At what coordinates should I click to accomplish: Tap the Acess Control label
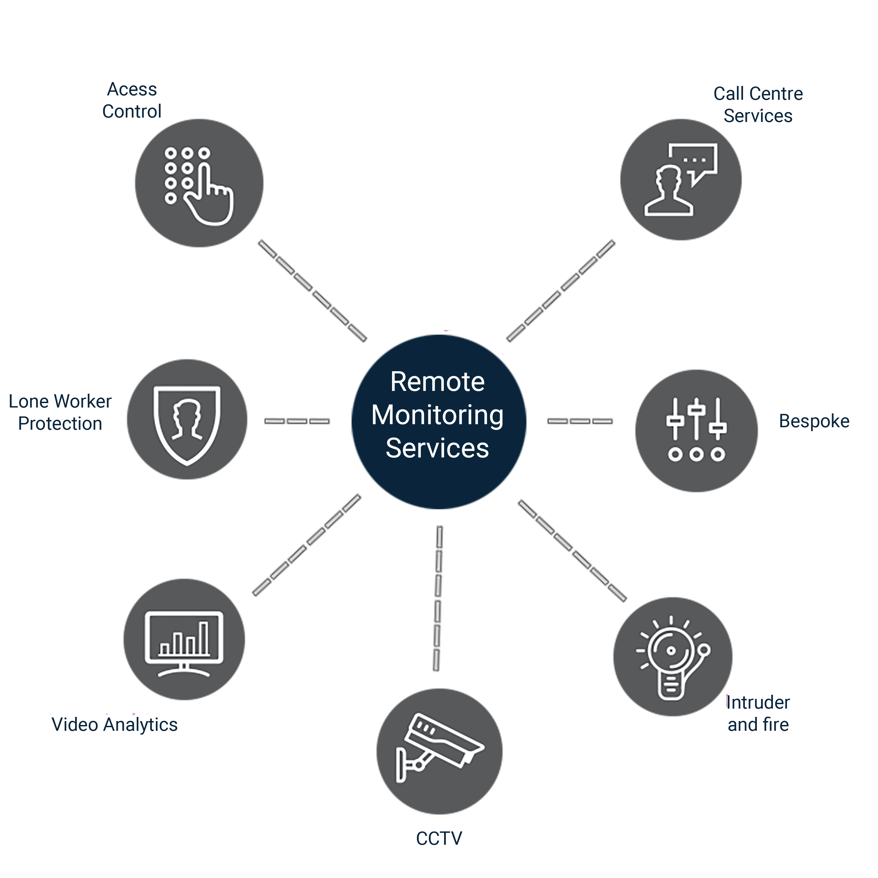132,100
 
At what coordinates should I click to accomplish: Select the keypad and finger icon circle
199,183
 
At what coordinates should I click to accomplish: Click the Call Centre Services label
758,105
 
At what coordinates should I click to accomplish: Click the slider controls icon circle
696,431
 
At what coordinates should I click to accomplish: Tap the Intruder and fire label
758,714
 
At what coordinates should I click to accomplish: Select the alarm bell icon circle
673,657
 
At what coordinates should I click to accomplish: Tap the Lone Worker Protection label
60,413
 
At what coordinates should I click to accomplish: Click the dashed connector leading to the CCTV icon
438,598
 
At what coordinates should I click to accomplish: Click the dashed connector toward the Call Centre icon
561,291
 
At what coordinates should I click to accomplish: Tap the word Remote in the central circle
437,382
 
